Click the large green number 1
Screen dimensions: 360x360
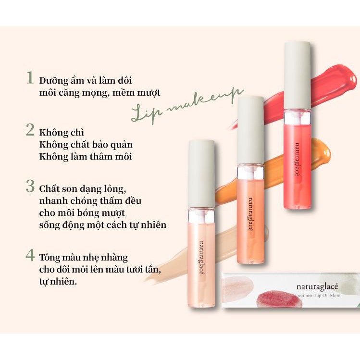coord(30,77)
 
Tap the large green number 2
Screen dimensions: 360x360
coord(30,130)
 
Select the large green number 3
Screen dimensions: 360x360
coord(30,186)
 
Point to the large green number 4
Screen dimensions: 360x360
coord(30,255)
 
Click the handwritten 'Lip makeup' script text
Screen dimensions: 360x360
coord(187,106)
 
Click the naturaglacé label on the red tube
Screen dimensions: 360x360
coord(298,160)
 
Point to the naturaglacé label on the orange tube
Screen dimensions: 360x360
coord(250,215)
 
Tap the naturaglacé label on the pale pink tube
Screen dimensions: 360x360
coord(201,258)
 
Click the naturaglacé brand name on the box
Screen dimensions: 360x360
coord(317,287)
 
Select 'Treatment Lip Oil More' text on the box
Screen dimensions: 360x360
coord(317,295)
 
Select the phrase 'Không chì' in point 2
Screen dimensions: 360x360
coord(62,133)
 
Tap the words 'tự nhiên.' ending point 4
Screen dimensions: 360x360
coord(58,282)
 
